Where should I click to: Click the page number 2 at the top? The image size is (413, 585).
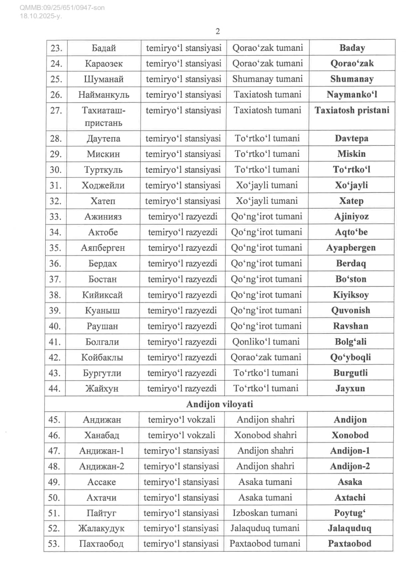pos(217,31)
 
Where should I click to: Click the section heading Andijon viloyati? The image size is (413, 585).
pos(219,404)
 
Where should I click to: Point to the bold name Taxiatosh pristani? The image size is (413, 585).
pos(352,110)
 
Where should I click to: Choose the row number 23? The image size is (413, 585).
pos(56,48)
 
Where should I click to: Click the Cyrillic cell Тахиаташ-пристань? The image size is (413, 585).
pos(104,117)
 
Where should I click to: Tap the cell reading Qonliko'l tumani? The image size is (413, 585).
pos(267,342)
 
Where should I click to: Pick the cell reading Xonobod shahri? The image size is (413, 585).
pos(265,435)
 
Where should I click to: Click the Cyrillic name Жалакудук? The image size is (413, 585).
pos(101,528)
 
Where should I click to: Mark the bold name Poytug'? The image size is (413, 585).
pos(351,513)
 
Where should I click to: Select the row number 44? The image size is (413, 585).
pos(55,388)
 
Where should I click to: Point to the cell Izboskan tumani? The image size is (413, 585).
pos(265,513)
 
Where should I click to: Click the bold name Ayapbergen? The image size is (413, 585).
pos(351,248)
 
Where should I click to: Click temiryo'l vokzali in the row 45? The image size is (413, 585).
pos(182,420)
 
